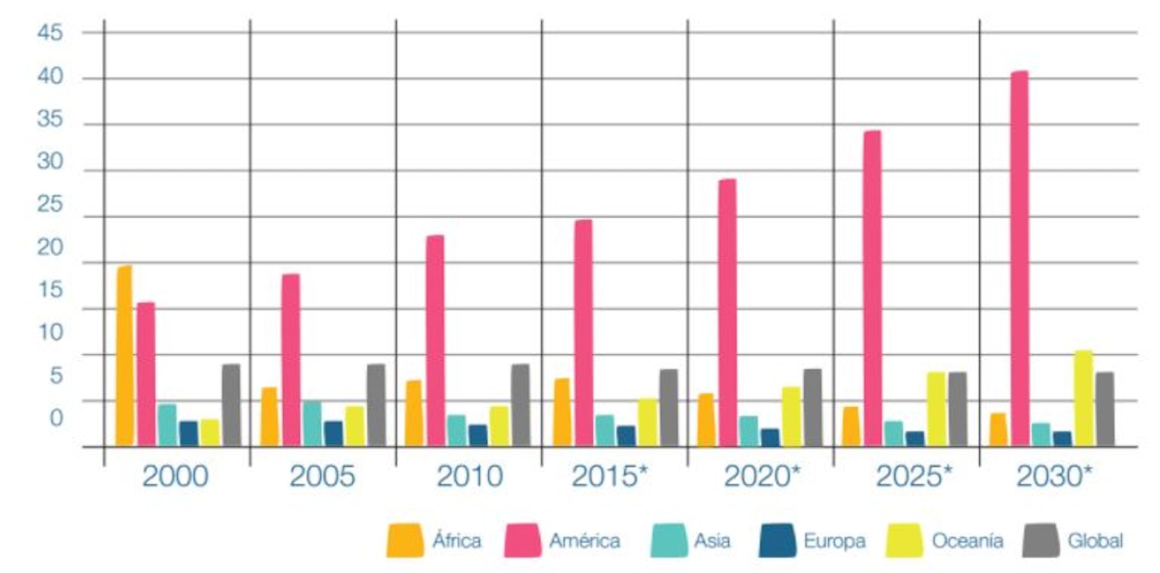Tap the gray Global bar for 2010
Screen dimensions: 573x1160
520,405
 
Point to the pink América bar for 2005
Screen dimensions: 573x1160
291,360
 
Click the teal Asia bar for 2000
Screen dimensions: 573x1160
167,425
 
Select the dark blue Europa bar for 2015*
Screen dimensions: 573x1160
626,436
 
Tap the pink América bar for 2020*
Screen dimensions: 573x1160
727,312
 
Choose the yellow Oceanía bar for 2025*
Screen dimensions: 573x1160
936,409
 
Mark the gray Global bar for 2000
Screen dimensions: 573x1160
231,405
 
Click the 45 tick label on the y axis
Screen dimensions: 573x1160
50,33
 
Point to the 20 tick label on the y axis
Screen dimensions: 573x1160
50,247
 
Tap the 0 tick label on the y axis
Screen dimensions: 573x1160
56,418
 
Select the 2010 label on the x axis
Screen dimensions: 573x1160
469,476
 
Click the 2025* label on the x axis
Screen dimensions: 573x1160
913,476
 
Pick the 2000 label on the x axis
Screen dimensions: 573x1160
175,476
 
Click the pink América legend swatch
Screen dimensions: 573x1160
523,540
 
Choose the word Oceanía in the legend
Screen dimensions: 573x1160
967,540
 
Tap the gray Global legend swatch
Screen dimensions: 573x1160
1041,540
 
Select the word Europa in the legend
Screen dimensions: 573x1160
834,540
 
